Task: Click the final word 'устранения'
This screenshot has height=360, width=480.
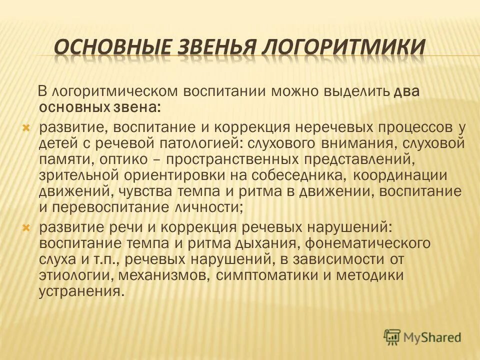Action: (79, 292)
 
